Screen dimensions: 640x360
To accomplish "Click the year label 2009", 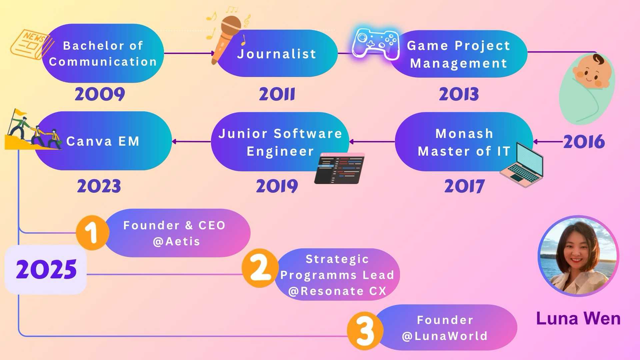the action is pyautogui.click(x=100, y=94).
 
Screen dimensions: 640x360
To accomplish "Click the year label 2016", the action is pyautogui.click(x=584, y=142).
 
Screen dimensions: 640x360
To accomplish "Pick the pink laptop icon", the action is pyautogui.click(x=522, y=165).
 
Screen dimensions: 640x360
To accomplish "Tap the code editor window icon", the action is pyautogui.click(x=340, y=168).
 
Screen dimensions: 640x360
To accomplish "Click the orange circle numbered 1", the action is pyautogui.click(x=92, y=233).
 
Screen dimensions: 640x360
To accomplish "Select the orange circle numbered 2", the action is pyautogui.click(x=260, y=268).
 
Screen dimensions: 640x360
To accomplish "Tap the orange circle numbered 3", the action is pyautogui.click(x=365, y=331).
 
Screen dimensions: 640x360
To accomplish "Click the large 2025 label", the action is pyautogui.click(x=46, y=269).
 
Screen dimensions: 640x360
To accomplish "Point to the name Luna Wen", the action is pyautogui.click(x=578, y=318).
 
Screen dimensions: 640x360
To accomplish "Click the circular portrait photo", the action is pyautogui.click(x=578, y=256).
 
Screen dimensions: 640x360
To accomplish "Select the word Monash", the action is pyautogui.click(x=464, y=134).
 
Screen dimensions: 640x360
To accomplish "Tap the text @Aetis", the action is pyautogui.click(x=176, y=241).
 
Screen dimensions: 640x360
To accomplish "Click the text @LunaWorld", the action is pyautogui.click(x=445, y=336).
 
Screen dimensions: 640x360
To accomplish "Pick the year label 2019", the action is pyautogui.click(x=277, y=186).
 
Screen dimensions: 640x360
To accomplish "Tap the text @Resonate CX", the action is pyautogui.click(x=337, y=291).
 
